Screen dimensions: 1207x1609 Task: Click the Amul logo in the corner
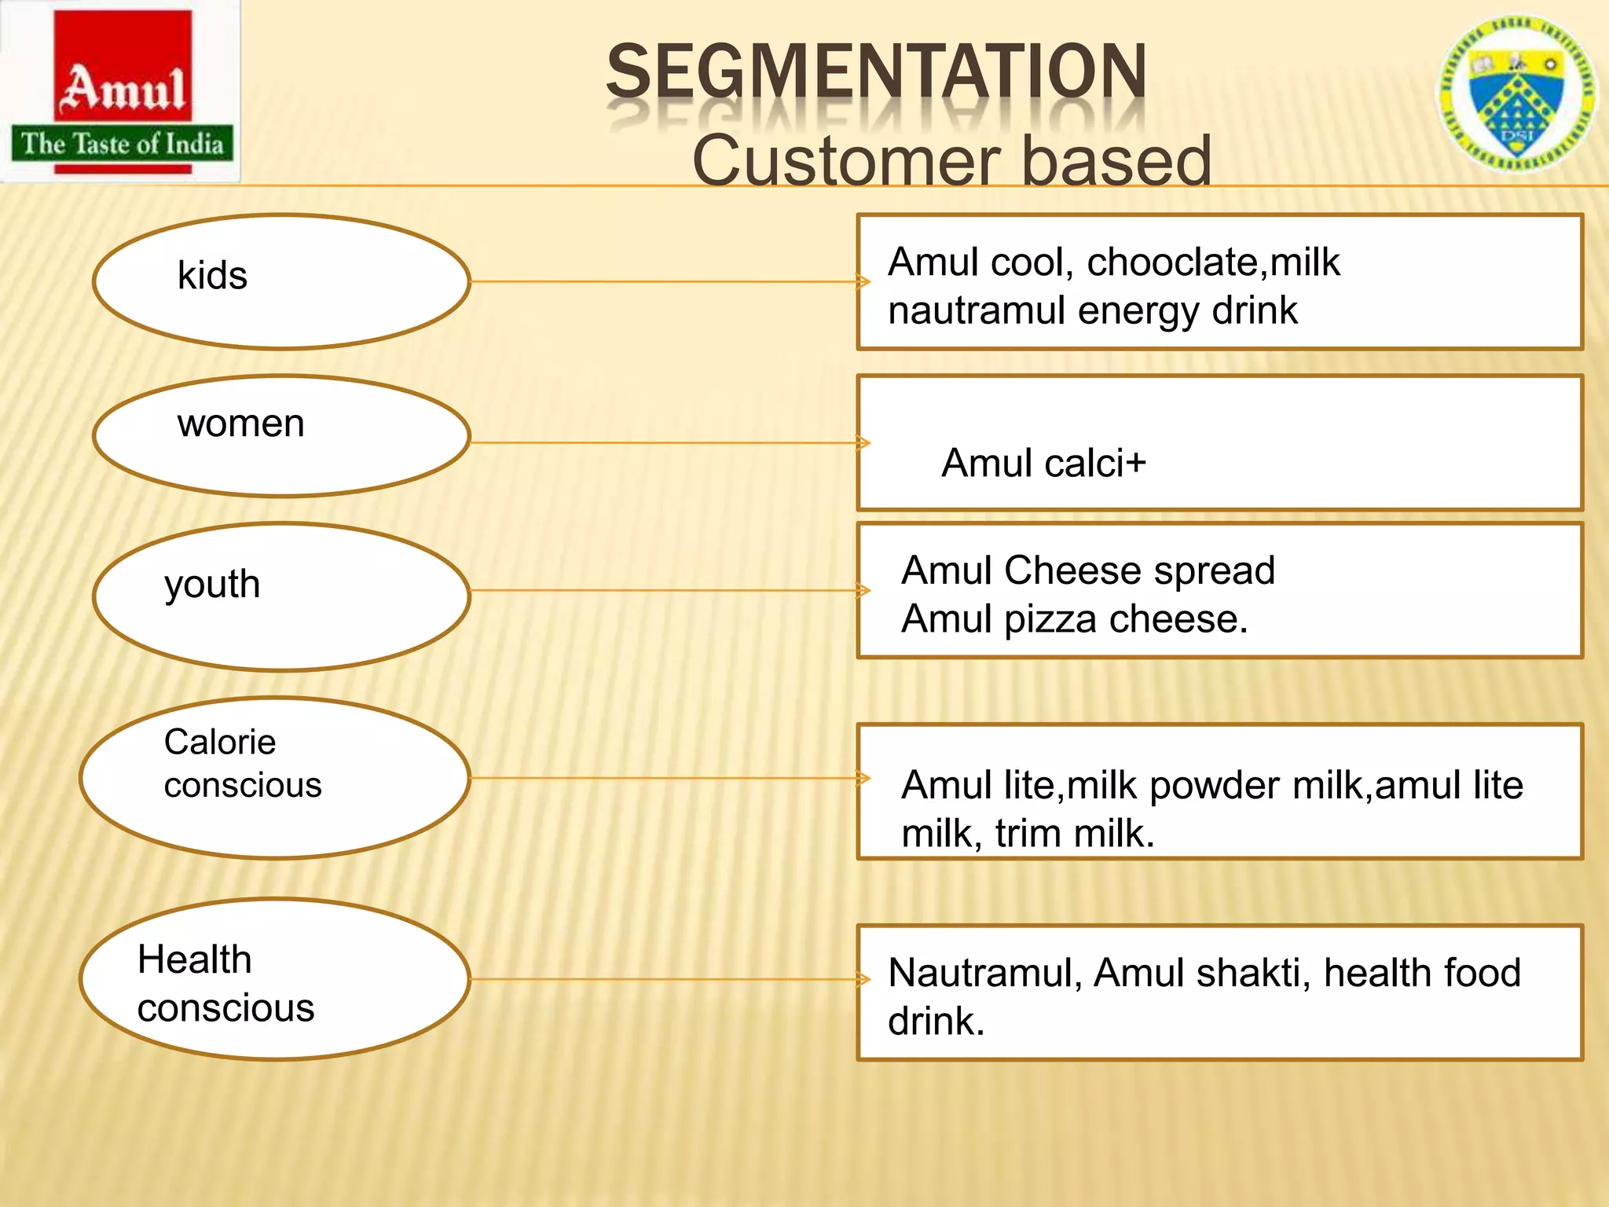click(x=122, y=93)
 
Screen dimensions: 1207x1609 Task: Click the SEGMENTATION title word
click(x=876, y=72)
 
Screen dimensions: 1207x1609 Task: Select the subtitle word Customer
click(x=845, y=161)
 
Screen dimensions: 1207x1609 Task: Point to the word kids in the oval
click(x=212, y=276)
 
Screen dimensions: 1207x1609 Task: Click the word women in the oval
click(x=240, y=424)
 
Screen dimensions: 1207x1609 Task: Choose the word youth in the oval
click(x=212, y=585)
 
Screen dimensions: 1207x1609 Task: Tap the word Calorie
click(x=220, y=742)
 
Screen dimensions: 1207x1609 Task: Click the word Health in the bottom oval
click(x=194, y=959)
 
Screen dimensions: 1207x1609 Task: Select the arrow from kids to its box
click(x=668, y=281)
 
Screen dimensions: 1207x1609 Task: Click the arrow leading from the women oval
click(x=668, y=443)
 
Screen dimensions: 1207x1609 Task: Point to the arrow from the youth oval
click(x=668, y=590)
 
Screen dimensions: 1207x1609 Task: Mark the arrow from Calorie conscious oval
click(x=668, y=778)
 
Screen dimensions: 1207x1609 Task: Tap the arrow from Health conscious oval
click(x=668, y=979)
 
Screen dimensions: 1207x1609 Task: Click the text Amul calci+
click(x=1043, y=463)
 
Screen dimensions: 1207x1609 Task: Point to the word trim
click(x=1028, y=834)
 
